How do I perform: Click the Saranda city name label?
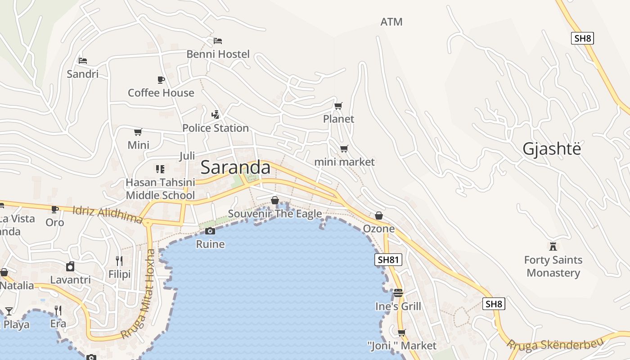point(235,167)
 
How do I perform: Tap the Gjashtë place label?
point(552,149)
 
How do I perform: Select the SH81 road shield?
point(388,260)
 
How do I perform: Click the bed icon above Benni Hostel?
point(218,41)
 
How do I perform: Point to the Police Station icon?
point(216,114)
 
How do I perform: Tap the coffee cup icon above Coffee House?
point(161,80)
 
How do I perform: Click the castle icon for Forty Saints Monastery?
point(553,246)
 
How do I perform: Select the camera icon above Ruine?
point(210,231)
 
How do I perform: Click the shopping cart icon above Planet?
point(338,106)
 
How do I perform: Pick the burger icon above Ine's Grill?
point(398,293)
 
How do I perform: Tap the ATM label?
point(391,22)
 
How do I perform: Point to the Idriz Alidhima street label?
point(108,215)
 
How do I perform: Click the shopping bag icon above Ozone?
point(379,216)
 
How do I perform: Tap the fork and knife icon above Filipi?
point(119,261)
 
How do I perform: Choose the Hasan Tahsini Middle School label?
point(160,189)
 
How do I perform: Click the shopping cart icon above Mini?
point(138,132)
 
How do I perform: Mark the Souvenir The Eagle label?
point(274,214)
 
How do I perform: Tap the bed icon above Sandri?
point(82,61)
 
